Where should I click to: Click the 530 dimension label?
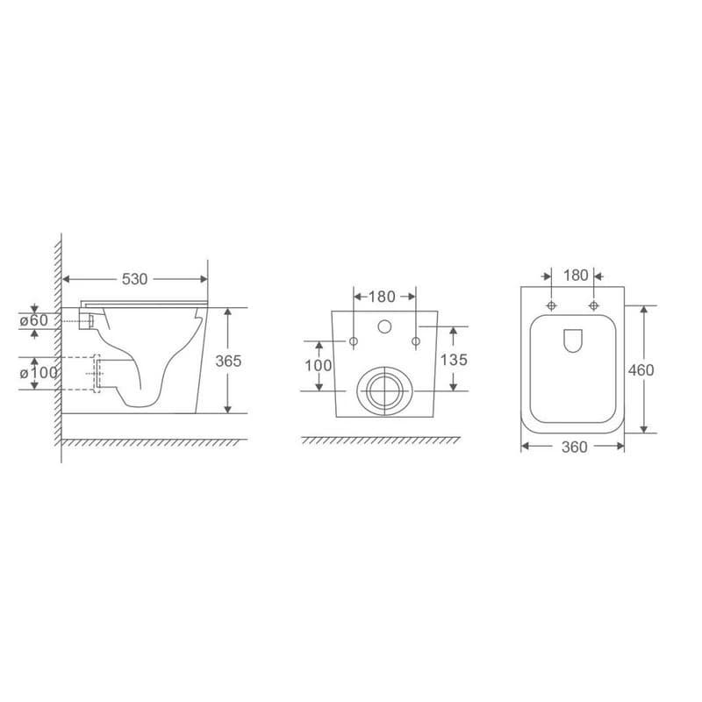point(134,279)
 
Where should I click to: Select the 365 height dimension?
point(228,361)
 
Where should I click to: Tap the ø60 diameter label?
point(33,320)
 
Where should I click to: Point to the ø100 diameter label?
point(39,372)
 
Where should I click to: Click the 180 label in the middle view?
point(382,297)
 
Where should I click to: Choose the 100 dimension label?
point(319,365)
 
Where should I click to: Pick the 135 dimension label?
point(454,360)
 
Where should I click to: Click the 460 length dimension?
point(641,369)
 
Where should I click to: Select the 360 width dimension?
point(575,447)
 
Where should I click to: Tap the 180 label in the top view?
point(576,276)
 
